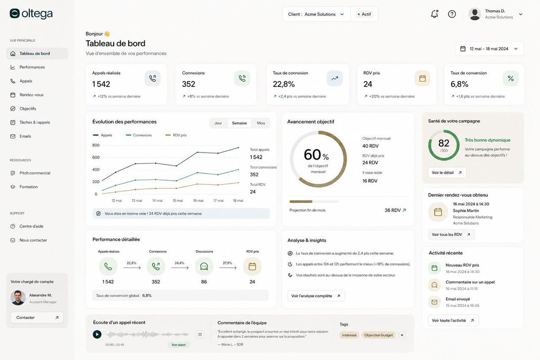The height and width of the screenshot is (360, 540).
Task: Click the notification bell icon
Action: (x=434, y=14)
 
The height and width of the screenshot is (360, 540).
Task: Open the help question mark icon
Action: (x=452, y=14)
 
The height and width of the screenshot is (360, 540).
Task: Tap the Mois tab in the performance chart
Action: (x=261, y=123)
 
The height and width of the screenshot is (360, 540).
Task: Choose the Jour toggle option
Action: (x=218, y=123)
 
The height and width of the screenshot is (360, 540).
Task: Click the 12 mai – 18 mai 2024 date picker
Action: (x=490, y=49)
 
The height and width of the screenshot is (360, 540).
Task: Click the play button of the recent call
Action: (x=97, y=334)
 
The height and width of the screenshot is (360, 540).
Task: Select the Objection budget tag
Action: (x=378, y=335)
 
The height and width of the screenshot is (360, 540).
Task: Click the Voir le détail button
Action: (x=447, y=173)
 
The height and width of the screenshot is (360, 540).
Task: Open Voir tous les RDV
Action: (x=451, y=234)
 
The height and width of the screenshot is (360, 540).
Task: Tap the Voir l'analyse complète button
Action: (x=316, y=296)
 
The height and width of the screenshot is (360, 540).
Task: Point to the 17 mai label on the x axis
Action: (x=218, y=201)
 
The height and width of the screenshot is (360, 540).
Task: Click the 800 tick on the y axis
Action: (x=96, y=145)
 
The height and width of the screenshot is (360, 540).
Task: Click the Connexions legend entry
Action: (x=139, y=135)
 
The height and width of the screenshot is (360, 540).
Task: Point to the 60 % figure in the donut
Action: (x=316, y=155)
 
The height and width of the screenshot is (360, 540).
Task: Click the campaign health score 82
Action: (x=444, y=143)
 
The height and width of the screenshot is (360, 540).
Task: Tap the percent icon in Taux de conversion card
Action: (x=511, y=78)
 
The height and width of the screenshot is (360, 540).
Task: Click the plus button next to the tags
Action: (x=402, y=335)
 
